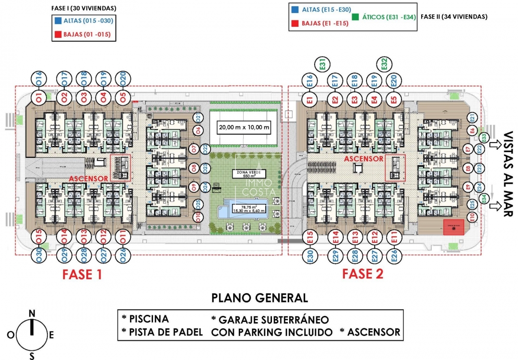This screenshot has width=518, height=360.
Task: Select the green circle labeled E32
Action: coord(384,64)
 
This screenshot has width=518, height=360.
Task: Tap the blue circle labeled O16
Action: coord(39,78)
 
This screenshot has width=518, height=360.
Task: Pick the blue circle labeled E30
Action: coord(309,256)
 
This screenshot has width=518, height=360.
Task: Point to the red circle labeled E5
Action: coord(393,100)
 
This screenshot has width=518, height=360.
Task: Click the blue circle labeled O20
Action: coord(123,78)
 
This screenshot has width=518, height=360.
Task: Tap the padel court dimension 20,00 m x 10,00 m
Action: coord(244,128)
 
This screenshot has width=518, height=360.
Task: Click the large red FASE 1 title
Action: coord(82,275)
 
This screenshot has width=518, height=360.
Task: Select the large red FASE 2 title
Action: coord(363,274)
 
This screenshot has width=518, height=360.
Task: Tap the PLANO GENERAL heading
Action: coord(259,298)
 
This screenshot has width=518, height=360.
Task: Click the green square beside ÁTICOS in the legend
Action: coord(355,17)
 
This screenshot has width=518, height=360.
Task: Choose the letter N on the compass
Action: coord(32,313)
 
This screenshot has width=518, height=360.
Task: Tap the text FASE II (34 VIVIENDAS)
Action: coord(454,17)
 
